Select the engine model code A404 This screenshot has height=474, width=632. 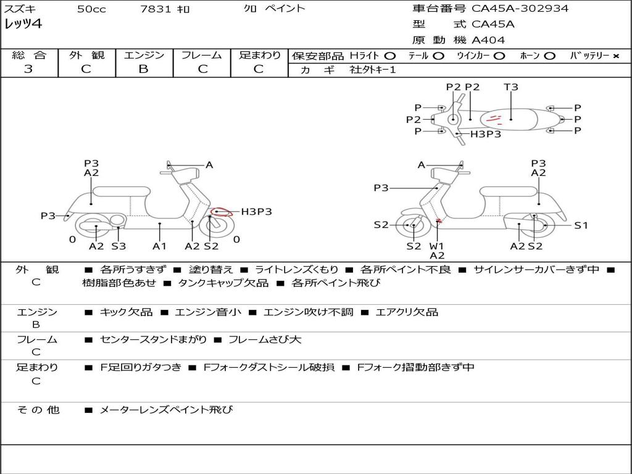click(x=488, y=40)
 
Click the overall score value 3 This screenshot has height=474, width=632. click(x=28, y=69)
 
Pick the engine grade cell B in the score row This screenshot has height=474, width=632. click(x=144, y=69)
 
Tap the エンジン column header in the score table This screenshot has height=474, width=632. click(x=144, y=55)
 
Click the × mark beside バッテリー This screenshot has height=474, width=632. click(x=616, y=56)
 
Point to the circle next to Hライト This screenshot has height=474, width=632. click(x=390, y=56)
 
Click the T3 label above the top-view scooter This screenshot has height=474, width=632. click(x=511, y=87)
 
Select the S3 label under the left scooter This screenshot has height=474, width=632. click(x=118, y=246)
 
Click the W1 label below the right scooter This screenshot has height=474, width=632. click(x=437, y=246)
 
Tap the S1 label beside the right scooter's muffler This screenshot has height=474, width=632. click(x=581, y=225)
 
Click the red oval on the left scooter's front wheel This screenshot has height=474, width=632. click(x=220, y=213)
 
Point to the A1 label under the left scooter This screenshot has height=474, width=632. click(x=160, y=246)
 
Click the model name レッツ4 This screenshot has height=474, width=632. click(x=23, y=25)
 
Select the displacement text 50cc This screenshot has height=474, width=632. click(x=91, y=9)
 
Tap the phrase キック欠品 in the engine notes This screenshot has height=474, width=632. click(x=126, y=312)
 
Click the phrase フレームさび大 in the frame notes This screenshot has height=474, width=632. click(x=265, y=339)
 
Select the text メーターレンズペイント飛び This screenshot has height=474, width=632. click(x=166, y=409)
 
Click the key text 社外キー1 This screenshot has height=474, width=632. click(x=373, y=70)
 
